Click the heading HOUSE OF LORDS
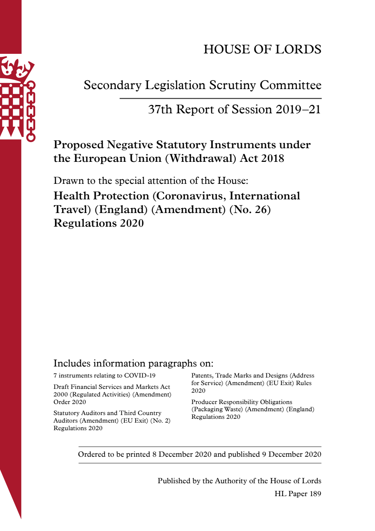(262, 49)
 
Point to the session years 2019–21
(298, 110)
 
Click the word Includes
(72, 363)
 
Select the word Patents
(202, 376)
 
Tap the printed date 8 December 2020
(182, 454)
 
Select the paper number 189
(315, 494)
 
